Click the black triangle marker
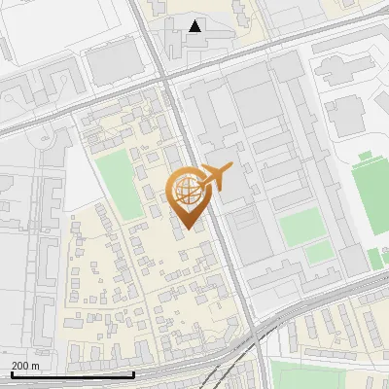(196, 26)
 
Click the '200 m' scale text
(26, 366)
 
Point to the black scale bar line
(73, 374)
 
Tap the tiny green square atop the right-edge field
(365, 156)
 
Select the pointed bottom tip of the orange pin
(189, 228)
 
